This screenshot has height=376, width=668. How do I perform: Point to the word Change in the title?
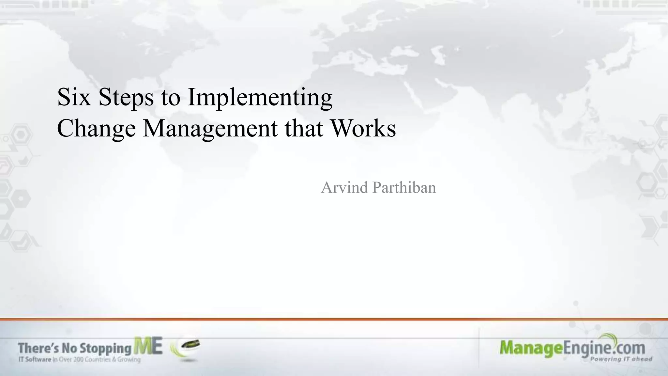[x=96, y=129]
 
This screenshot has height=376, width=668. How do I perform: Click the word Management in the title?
[x=210, y=129]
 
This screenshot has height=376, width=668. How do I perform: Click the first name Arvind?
[x=344, y=188]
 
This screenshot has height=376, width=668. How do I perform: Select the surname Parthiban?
[x=404, y=188]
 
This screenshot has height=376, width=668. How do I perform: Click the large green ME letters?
[x=148, y=347]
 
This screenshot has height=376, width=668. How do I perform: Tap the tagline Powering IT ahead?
[x=621, y=359]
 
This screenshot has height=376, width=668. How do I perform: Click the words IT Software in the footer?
[x=35, y=360]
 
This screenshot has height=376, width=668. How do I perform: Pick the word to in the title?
[x=170, y=97]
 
